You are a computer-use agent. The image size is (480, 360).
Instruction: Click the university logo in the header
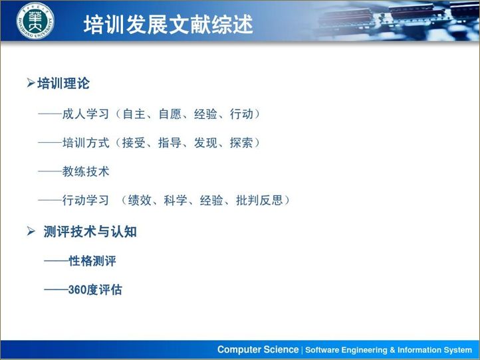coord(35,21)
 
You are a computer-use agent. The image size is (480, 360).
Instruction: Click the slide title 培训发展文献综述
coord(168,24)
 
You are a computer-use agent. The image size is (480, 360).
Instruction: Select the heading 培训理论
coord(63,84)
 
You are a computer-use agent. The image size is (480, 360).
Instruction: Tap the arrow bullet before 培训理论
coord(31,84)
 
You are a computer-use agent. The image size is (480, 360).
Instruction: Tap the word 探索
coord(241,143)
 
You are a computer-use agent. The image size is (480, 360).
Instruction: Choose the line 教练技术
coord(86,171)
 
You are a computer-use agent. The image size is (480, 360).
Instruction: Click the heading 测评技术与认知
coord(90,232)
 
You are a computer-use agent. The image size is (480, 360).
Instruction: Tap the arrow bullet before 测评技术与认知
coord(31,232)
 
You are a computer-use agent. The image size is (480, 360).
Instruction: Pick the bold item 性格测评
coord(92,261)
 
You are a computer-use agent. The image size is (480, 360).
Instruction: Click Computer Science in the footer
coord(258,350)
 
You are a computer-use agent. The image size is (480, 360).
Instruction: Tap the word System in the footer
coord(457,350)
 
